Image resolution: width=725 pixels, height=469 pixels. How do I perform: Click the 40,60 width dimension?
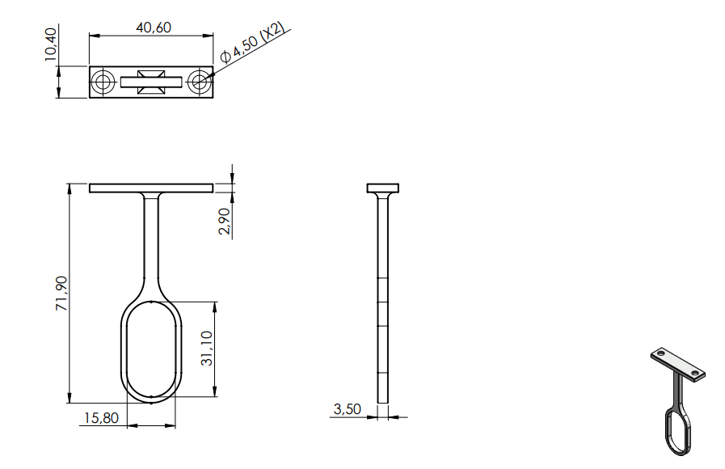(x=154, y=27)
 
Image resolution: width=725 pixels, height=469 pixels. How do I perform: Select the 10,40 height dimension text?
(x=51, y=44)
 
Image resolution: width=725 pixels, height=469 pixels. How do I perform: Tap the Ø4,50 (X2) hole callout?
(x=252, y=43)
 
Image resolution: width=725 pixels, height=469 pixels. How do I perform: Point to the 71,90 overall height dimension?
(x=61, y=294)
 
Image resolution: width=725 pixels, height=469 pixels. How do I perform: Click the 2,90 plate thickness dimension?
(x=224, y=221)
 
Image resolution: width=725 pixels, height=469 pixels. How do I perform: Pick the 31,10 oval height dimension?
(x=207, y=349)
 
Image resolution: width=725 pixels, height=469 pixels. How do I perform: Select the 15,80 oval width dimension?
(x=101, y=418)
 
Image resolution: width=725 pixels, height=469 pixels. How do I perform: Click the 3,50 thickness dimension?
(x=348, y=409)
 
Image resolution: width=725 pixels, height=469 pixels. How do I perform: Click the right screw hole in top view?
(x=200, y=82)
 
